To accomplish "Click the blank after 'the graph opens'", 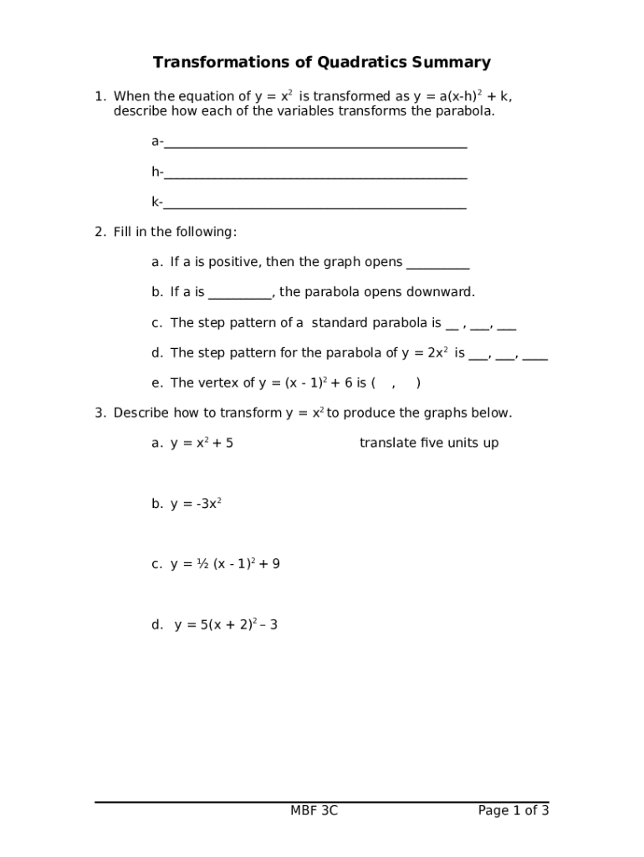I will click(x=437, y=266).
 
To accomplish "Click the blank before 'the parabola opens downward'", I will click(x=240, y=296).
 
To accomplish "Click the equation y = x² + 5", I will click(x=202, y=443).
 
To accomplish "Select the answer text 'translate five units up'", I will click(x=429, y=443).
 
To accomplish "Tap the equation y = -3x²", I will click(x=196, y=504).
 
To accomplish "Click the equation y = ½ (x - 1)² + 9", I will click(x=225, y=564).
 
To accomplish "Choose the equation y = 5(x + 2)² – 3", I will click(x=226, y=624).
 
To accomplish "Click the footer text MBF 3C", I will click(x=314, y=810).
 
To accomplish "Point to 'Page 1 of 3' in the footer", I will click(x=514, y=810).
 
